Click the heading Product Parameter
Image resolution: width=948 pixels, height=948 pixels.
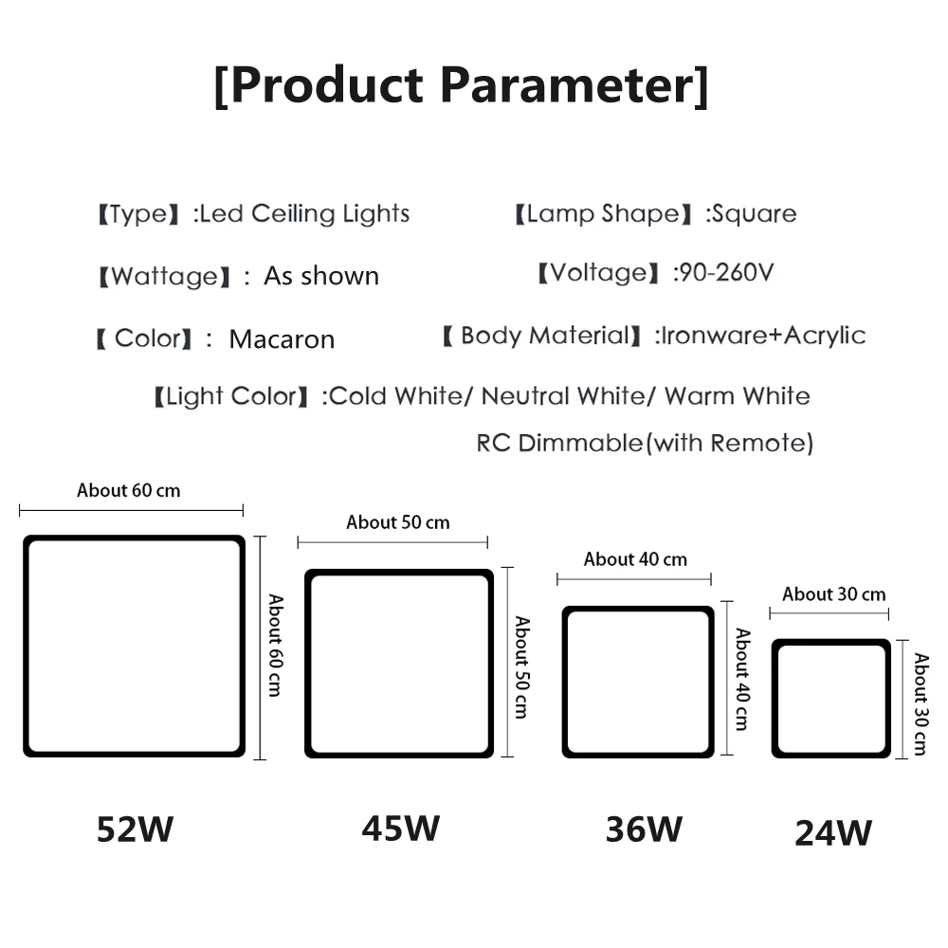pyautogui.click(x=461, y=85)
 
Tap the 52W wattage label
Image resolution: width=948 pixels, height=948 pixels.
pyautogui.click(x=136, y=830)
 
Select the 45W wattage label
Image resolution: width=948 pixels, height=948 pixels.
pyautogui.click(x=400, y=828)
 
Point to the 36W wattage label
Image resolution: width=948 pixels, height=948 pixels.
pyautogui.click(x=644, y=829)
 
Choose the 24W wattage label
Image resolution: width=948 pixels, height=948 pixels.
pyautogui.click(x=833, y=833)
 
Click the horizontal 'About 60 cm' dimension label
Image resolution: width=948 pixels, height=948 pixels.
pyautogui.click(x=128, y=490)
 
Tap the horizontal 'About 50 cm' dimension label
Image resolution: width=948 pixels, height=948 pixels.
pyautogui.click(x=398, y=521)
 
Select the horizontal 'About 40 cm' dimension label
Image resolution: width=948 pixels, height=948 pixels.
pyautogui.click(x=635, y=559)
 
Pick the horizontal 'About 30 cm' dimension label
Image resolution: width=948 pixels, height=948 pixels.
pyautogui.click(x=834, y=594)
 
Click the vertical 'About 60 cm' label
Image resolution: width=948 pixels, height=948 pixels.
pyautogui.click(x=275, y=646)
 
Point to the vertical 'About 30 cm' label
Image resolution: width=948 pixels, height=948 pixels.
pyautogui.click(x=920, y=703)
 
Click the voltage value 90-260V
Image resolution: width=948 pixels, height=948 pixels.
pyautogui.click(x=723, y=274)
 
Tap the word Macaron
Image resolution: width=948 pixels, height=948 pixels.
pyautogui.click(x=282, y=339)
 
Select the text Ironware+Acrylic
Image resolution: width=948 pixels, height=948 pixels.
pyautogui.click(x=763, y=335)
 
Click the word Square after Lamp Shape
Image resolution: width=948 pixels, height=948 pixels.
pyautogui.click(x=755, y=213)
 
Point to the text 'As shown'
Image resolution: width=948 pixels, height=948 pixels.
pyautogui.click(x=321, y=276)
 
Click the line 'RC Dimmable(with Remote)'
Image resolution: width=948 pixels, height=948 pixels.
pyautogui.click(x=645, y=443)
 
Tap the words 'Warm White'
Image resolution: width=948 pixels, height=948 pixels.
pyautogui.click(x=738, y=395)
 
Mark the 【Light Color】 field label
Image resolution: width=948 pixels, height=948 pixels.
pyautogui.click(x=231, y=396)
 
